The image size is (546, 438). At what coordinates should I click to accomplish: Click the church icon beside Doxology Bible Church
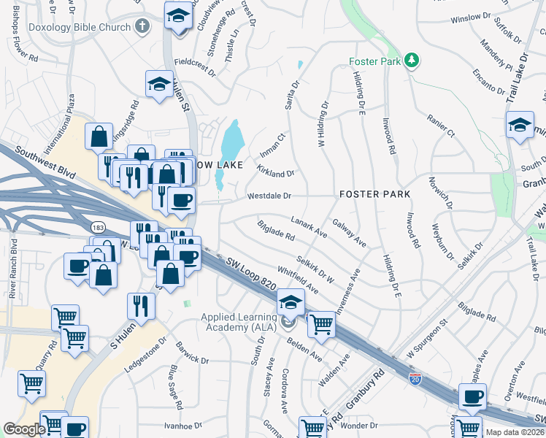click(x=142, y=27)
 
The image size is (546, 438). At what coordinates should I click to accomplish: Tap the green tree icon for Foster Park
click(x=412, y=60)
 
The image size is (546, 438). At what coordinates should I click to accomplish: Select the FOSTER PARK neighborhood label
click(x=374, y=194)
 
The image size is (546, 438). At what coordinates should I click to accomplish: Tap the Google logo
click(x=24, y=429)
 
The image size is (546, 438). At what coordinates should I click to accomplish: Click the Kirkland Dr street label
click(x=275, y=173)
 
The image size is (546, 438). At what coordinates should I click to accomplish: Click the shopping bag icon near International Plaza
click(x=99, y=137)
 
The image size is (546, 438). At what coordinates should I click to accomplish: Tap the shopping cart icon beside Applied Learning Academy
click(x=320, y=324)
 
